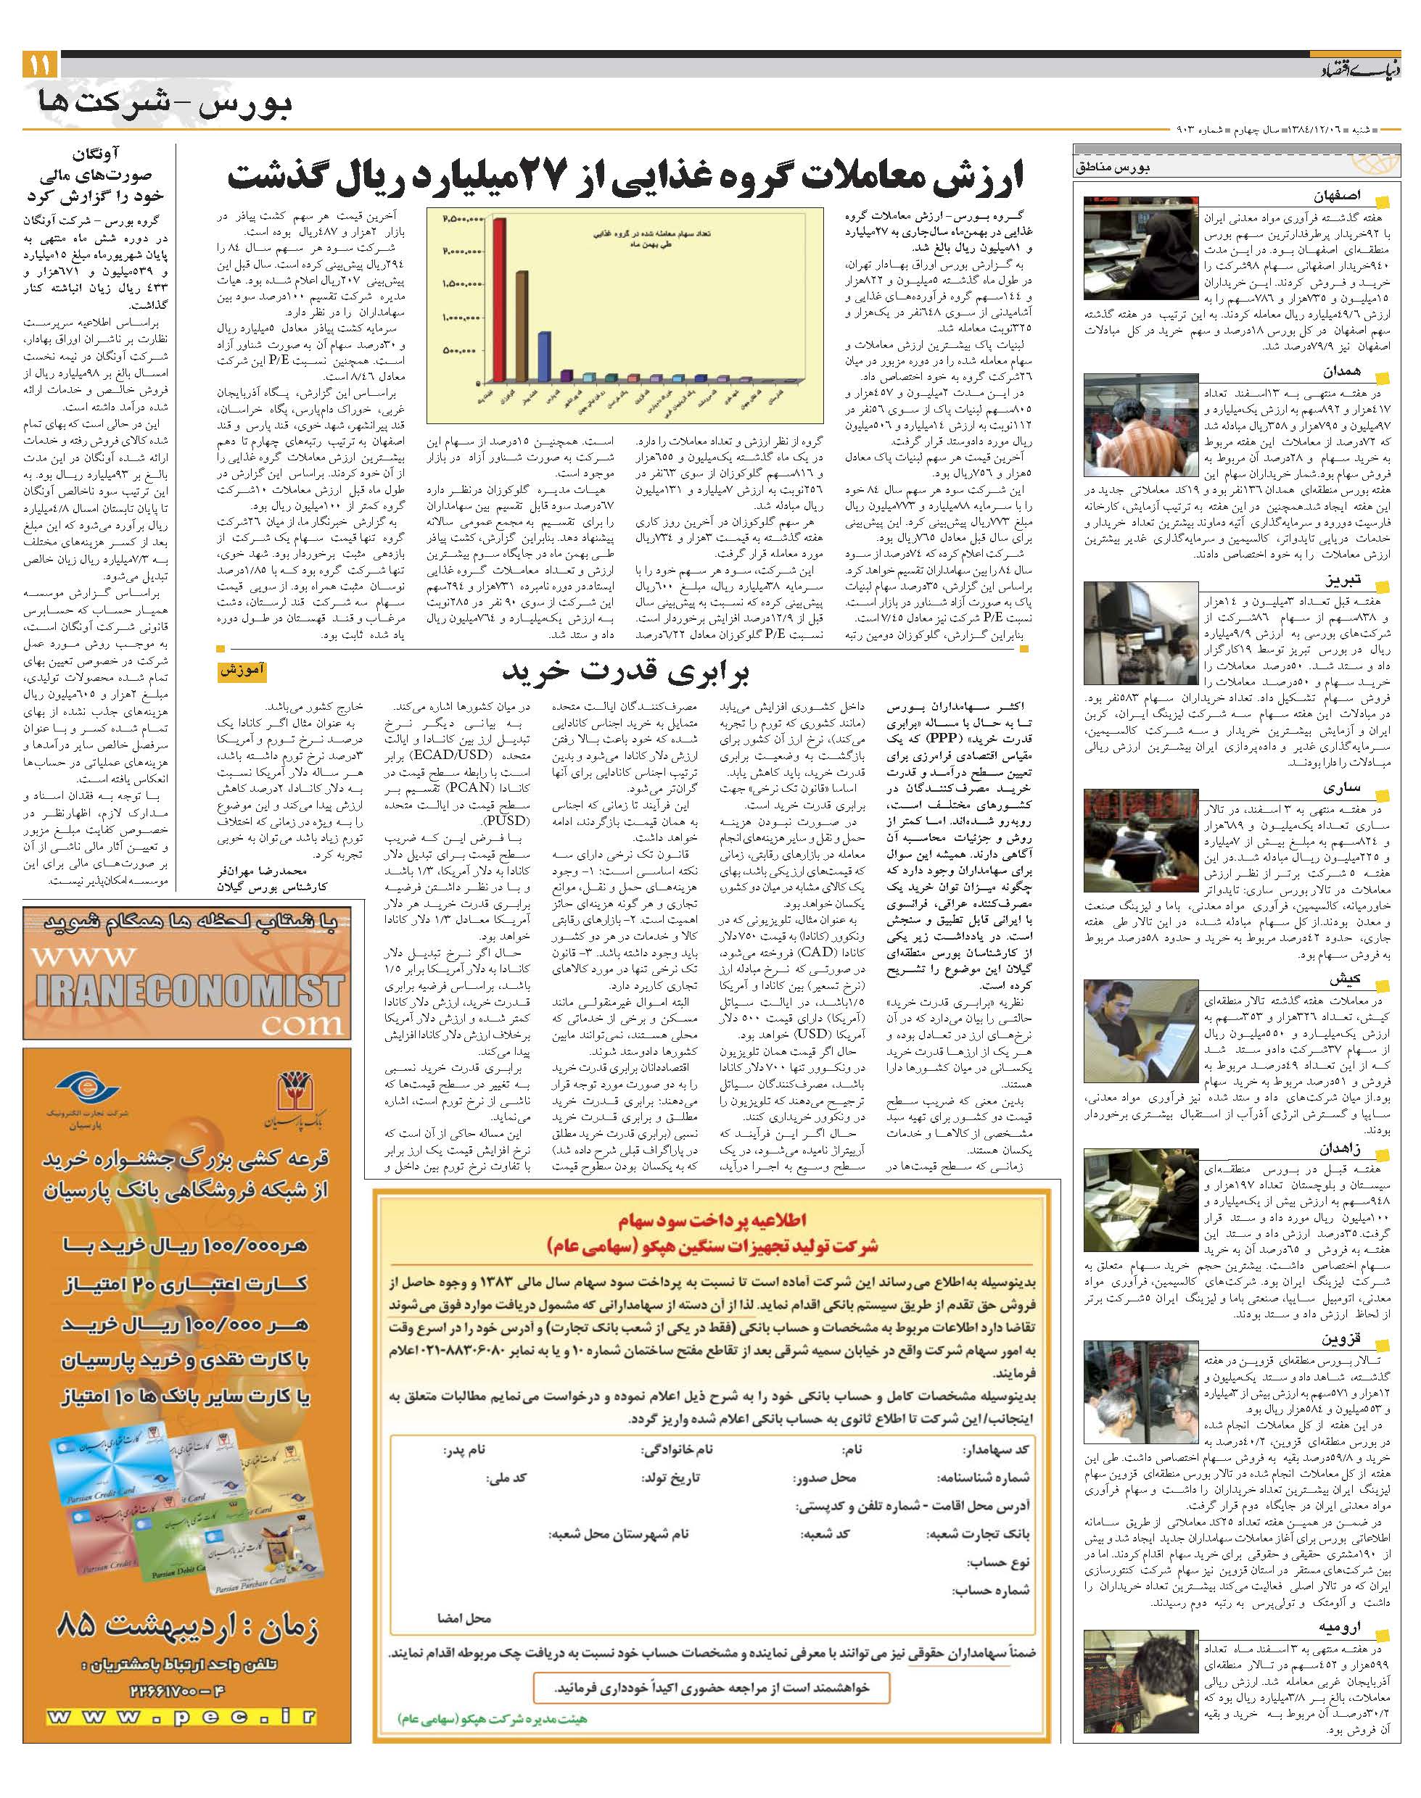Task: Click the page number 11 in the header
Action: [40, 64]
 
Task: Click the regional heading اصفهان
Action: [1337, 197]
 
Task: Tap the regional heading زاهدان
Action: [1338, 1147]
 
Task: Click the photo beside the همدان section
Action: [1139, 426]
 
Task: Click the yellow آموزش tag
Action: [243, 671]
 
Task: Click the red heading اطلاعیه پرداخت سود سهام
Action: [713, 1222]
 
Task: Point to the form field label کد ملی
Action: [508, 1478]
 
